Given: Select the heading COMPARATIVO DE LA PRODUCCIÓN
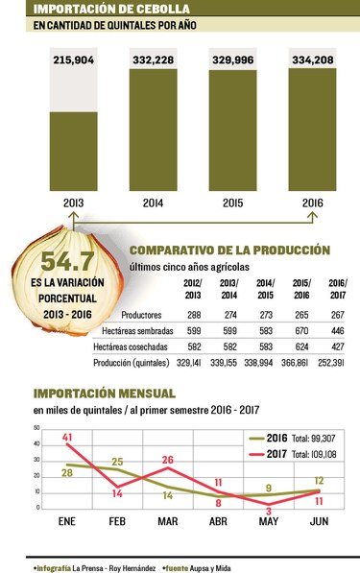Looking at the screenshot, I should point(229,249).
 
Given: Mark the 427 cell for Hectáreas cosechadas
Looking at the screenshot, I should point(338,346).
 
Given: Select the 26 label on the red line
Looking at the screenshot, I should point(168,460).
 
